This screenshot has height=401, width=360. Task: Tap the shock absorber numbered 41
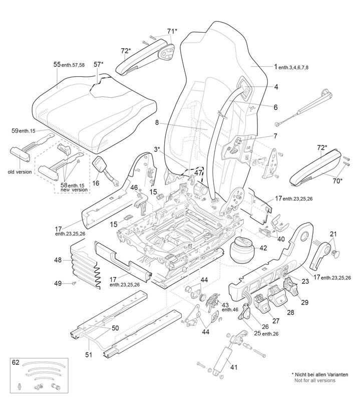pyautogui.click(x=221, y=359)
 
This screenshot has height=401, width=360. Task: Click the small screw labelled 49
pyautogui.click(x=73, y=284)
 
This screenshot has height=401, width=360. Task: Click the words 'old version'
pyautogui.click(x=19, y=172)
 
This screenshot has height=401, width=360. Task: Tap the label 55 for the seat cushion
pyautogui.click(x=57, y=65)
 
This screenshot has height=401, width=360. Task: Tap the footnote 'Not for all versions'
pyautogui.click(x=315, y=380)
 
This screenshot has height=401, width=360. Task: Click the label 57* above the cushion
pyautogui.click(x=98, y=65)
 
